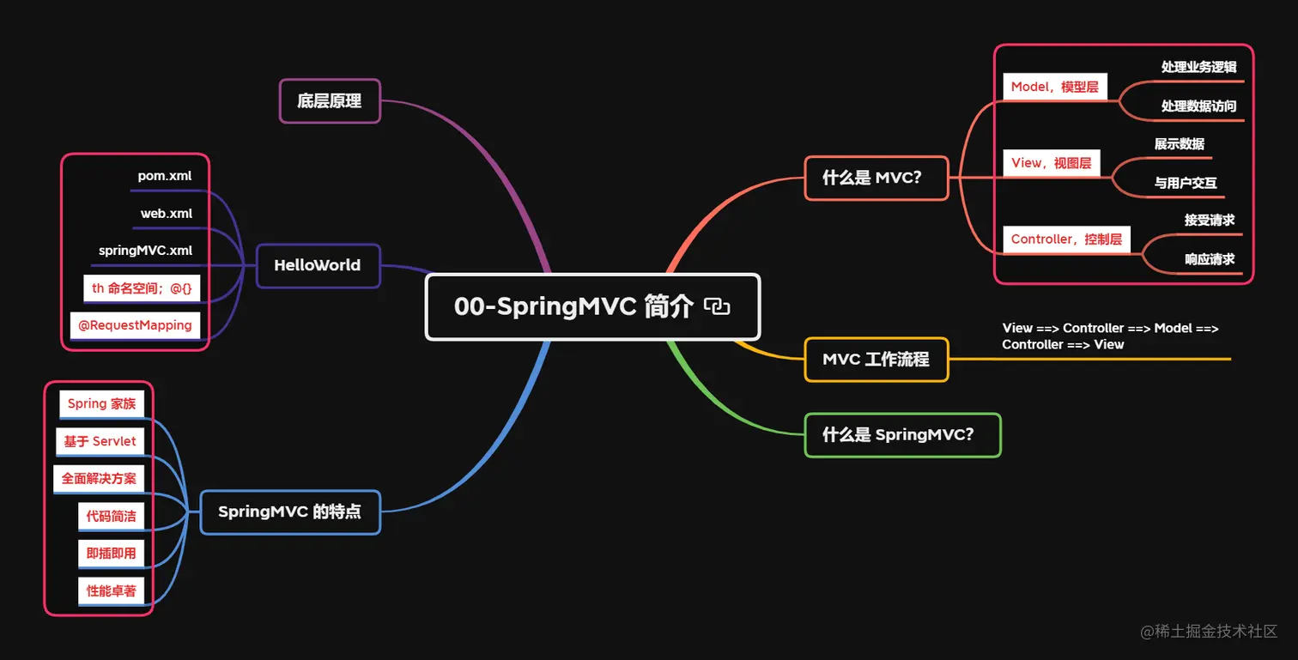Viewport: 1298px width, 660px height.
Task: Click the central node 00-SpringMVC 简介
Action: coord(573,307)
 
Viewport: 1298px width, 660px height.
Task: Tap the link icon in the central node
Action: coord(717,306)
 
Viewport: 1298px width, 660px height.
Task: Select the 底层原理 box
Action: coord(330,101)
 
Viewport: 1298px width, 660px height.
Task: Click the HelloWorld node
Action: coord(318,265)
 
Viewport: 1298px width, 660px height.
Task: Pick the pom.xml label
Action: coord(165,176)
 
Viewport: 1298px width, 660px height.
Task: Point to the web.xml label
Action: coord(167,214)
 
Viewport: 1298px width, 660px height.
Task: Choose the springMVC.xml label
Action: coord(146,251)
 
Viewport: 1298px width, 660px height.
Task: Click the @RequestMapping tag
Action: coord(135,325)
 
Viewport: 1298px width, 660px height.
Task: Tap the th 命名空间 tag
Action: coord(142,288)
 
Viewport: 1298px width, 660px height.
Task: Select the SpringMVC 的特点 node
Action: coord(289,512)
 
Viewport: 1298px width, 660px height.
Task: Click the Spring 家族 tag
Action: coord(101,403)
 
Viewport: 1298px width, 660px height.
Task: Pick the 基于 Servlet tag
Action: coord(100,441)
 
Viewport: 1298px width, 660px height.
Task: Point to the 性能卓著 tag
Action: coord(111,590)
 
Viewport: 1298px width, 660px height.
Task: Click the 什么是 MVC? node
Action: coord(876,179)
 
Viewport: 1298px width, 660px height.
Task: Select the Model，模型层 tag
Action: coord(1054,87)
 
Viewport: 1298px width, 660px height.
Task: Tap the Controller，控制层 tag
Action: coord(1066,239)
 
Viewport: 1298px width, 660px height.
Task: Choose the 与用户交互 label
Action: coord(1186,183)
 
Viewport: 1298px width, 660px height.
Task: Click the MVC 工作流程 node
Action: coord(876,360)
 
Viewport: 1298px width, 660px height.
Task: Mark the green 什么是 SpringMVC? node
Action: coord(902,435)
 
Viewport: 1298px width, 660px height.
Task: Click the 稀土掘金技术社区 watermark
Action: coord(1209,632)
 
